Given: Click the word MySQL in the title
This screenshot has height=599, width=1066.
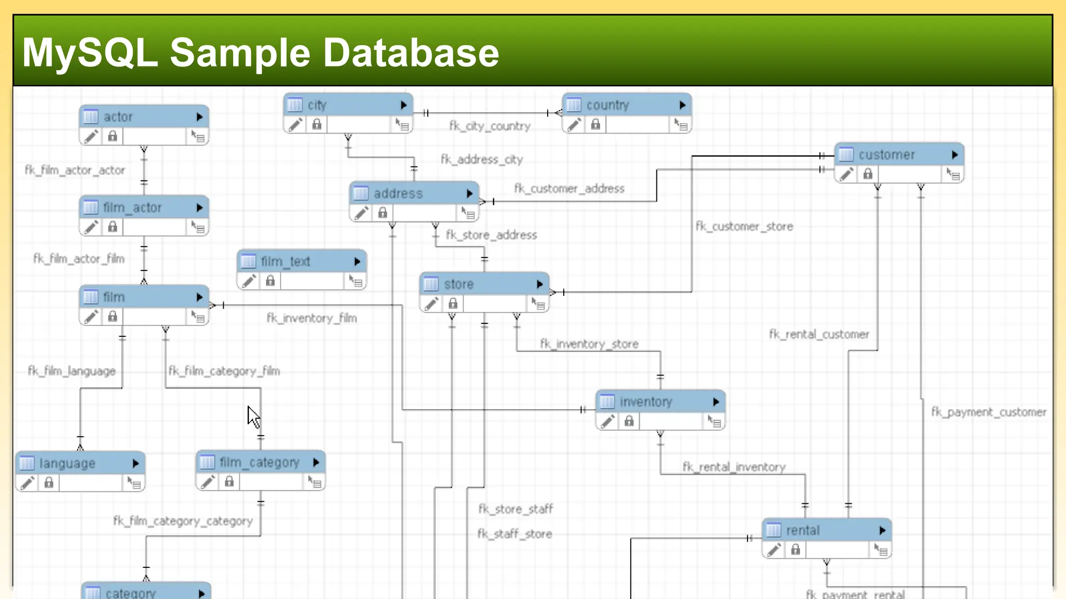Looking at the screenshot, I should (90, 53).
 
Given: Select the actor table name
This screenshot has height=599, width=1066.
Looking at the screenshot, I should (118, 117).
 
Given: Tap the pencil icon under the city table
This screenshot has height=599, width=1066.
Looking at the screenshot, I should (296, 125).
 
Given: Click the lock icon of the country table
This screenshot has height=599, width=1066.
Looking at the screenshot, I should (595, 124).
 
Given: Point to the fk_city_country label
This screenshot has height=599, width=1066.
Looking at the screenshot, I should (490, 126).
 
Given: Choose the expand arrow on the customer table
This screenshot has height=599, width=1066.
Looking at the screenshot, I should (955, 155).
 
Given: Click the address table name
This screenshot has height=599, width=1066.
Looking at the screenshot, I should (398, 194).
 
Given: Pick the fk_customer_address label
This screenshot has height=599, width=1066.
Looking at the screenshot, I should (569, 189).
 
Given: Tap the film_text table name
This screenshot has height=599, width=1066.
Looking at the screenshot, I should (285, 262).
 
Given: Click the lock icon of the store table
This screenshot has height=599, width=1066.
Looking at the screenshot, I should (453, 303).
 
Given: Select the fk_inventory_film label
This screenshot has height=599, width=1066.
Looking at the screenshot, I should (312, 318).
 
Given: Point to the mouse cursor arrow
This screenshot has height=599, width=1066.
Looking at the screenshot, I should (253, 416).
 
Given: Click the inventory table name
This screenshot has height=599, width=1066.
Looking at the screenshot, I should (646, 402).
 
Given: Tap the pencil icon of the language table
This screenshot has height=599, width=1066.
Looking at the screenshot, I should (28, 483).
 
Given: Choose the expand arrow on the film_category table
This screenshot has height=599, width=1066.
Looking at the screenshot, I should (316, 462).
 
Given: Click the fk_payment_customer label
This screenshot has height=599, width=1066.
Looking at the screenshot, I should (988, 412).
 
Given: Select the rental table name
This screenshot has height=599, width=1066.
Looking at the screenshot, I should (803, 530).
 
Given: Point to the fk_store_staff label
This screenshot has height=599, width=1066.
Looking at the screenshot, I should (515, 509).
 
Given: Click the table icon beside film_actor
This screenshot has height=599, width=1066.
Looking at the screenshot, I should (91, 207).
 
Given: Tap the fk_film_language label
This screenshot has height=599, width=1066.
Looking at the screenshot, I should (72, 371).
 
